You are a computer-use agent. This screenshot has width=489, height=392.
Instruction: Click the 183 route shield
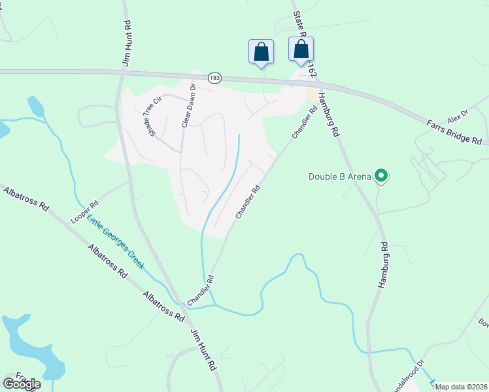pos(215,78)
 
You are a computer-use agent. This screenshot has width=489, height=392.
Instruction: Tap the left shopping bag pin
pos(261,51)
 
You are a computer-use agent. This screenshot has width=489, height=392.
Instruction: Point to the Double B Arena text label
pos(340,176)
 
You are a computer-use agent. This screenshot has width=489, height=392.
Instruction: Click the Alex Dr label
pos(458,116)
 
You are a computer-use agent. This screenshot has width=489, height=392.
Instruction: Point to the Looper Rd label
pos(84,211)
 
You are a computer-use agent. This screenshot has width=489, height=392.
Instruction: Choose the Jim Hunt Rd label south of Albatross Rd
pos(203,351)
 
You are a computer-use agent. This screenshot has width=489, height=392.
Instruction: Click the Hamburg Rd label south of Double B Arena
pos(384,265)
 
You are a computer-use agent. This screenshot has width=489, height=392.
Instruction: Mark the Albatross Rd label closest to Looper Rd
pos(26,199)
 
